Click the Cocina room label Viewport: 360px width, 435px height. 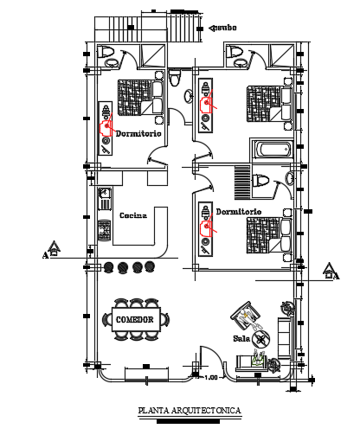click(x=132, y=215)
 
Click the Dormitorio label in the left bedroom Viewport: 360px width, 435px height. click(x=141, y=133)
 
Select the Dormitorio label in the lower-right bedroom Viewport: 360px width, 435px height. click(x=238, y=210)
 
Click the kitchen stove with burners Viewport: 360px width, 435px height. click(x=104, y=231)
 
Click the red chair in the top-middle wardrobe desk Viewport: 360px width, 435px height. click(x=209, y=103)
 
